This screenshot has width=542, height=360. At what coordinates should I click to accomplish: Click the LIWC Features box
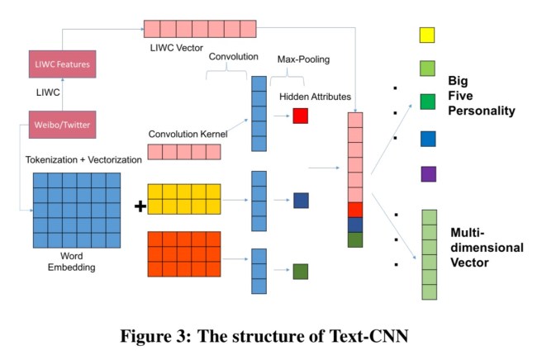(62, 64)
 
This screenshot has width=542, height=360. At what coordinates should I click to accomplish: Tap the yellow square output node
(427, 35)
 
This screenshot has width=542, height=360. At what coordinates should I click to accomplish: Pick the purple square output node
(427, 174)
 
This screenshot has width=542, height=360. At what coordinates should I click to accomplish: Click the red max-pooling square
(300, 116)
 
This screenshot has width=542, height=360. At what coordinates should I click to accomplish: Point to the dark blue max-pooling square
(300, 200)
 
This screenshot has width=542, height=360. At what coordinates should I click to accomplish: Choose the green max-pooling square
(300, 271)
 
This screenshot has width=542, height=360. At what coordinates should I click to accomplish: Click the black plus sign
(140, 206)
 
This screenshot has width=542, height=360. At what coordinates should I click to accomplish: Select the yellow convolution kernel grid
(183, 199)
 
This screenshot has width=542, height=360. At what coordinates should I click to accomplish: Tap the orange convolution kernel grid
(183, 254)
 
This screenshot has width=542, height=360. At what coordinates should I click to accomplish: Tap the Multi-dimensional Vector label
(486, 247)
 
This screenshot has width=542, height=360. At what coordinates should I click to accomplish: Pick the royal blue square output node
(427, 138)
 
